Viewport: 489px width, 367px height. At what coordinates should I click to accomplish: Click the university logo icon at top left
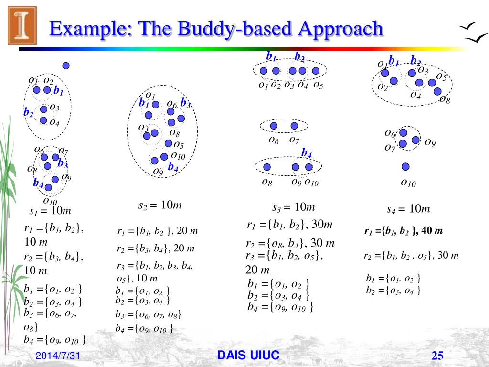pos(22,25)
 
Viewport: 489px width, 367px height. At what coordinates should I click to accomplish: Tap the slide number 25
pos(437,356)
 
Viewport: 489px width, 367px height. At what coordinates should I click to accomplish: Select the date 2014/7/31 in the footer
pos(57,356)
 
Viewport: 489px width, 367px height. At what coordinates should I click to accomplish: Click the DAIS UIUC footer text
pos(248,355)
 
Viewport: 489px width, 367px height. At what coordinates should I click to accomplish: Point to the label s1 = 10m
pos(50,211)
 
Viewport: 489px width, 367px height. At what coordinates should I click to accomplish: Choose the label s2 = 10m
pos(160,205)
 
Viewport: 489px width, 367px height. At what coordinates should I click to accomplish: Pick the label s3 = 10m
pos(294,207)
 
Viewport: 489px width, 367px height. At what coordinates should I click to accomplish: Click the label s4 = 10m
pos(408,209)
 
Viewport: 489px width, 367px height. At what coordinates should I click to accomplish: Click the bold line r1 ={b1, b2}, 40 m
pos(404,231)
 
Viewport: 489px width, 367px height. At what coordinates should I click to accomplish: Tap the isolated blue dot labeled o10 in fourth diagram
pos(405,167)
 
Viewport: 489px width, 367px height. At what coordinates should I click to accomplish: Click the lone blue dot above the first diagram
pos(66,65)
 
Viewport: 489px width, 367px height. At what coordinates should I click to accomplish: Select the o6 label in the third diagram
pos(274,140)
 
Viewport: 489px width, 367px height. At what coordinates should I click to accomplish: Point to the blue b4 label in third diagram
pos(306,153)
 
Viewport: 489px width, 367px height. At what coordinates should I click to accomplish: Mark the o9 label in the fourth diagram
pos(430,142)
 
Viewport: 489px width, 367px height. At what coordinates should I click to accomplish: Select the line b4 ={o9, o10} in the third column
pos(280,307)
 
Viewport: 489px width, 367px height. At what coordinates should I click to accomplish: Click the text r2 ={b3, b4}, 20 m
pos(156,248)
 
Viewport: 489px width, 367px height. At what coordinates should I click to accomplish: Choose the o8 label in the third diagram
pos(267,182)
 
